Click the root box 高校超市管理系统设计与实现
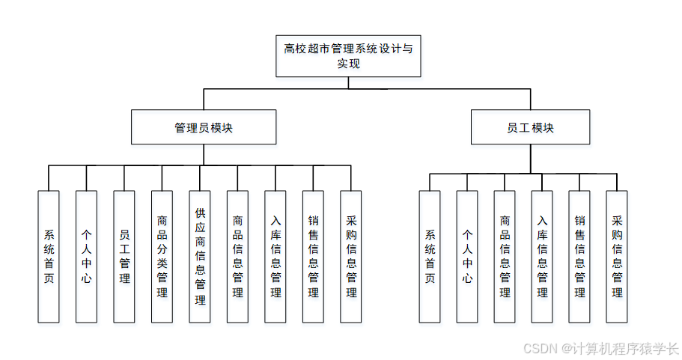pos(348,56)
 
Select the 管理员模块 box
pos(204,127)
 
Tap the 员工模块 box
pos(530,127)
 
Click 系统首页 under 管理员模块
pos(49,257)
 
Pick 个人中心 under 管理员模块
pos(86,257)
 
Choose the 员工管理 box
pos(124,257)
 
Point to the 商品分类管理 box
pos(162,257)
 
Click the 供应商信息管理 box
pos(200,257)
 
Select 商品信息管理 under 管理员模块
pos(237,257)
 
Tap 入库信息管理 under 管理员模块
pos(275,257)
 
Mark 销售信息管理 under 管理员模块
pos(313,257)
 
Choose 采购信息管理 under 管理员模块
pos(351,257)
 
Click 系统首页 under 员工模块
pos(430,257)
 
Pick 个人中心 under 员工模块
pos(467,257)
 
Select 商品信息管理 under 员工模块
pos(505,257)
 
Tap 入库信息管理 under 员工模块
pos(542,257)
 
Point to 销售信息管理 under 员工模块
pos(579,257)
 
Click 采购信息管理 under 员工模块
pos(617,257)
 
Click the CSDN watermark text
pos(600,349)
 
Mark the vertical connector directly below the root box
pos(348,82)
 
